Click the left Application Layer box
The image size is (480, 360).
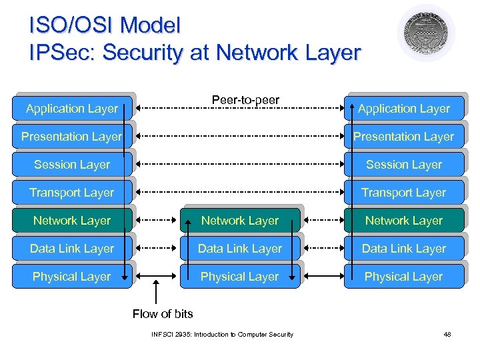point(72,109)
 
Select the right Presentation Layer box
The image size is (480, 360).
point(403,137)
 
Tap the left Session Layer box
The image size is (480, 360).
point(72,165)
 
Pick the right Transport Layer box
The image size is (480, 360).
point(403,193)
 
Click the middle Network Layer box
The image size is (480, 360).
point(240,221)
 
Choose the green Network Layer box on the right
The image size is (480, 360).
point(403,221)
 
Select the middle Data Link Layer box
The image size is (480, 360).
point(240,249)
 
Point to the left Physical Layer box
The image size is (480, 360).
point(72,277)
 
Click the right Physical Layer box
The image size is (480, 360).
point(403,277)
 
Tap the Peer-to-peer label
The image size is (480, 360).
point(245,100)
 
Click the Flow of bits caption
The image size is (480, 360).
point(163,314)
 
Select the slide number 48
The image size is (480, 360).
point(447,334)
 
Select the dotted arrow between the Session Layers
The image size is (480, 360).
point(239,164)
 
